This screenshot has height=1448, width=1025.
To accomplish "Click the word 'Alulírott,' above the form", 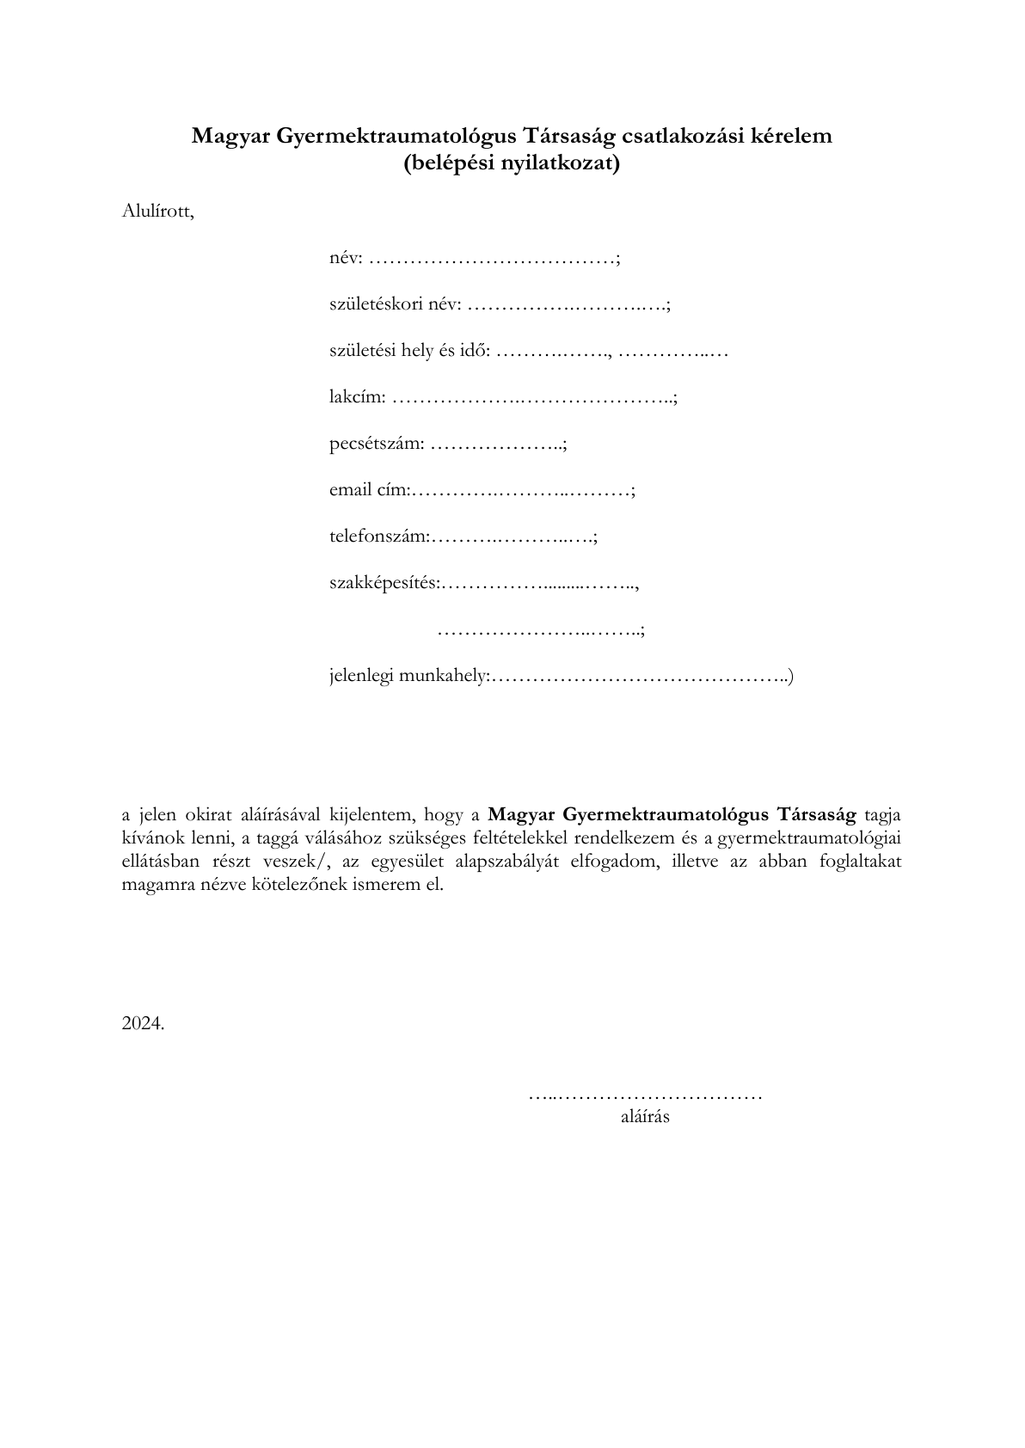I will click(158, 211).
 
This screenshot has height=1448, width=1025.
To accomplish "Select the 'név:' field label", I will click(347, 258).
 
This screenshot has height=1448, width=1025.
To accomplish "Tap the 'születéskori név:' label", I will click(396, 304).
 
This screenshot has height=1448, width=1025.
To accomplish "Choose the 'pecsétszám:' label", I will click(377, 444).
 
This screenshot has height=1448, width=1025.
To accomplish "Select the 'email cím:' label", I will click(370, 490).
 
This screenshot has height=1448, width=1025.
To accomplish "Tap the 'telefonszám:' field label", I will click(379, 537).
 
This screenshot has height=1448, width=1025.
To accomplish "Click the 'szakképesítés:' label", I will click(384, 583).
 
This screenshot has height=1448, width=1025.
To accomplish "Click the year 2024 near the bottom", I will click(143, 1023).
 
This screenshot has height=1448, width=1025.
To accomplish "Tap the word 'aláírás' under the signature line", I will click(645, 1117).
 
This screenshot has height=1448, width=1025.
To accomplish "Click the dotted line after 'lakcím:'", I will click(533, 398).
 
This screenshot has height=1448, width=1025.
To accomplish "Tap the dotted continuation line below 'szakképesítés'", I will click(540, 630).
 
